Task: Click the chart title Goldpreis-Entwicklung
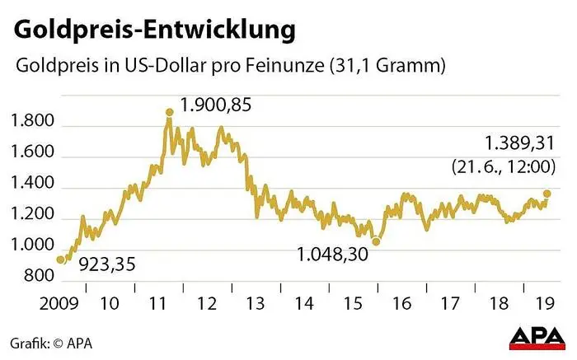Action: point(154,31)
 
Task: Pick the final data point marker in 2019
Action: point(547,194)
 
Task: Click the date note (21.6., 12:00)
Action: point(502,166)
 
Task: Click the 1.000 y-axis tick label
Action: point(33,246)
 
